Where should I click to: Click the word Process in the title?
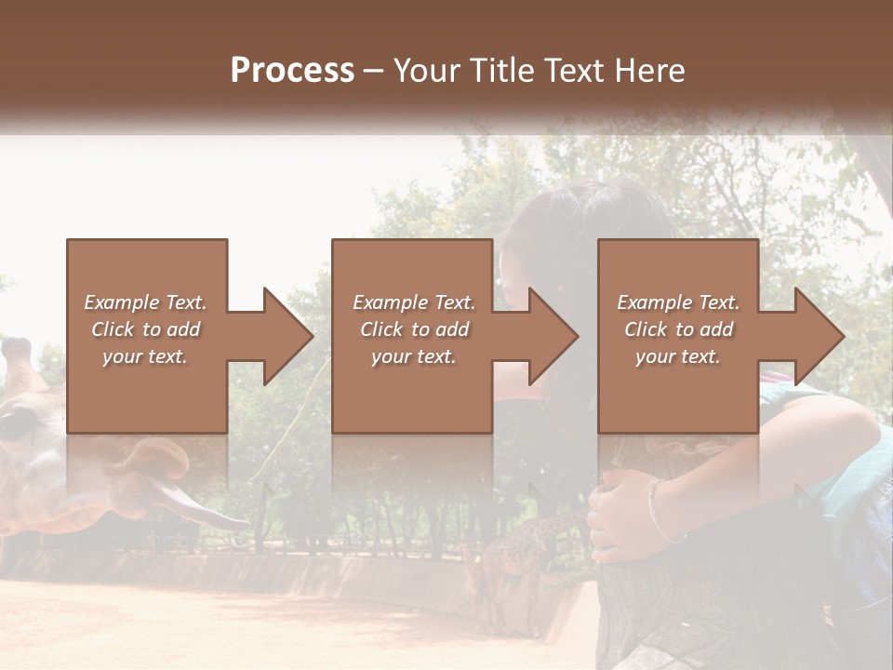pyautogui.click(x=292, y=71)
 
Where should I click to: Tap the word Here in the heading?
pyautogui.click(x=651, y=71)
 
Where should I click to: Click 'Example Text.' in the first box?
pyautogui.click(x=145, y=302)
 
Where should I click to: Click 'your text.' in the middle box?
pyautogui.click(x=413, y=356)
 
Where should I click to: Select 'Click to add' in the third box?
pyautogui.click(x=678, y=329)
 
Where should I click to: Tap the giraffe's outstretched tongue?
pyautogui.click(x=200, y=508)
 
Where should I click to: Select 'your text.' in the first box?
pyautogui.click(x=145, y=356)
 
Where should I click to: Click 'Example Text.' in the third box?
pyautogui.click(x=678, y=302)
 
